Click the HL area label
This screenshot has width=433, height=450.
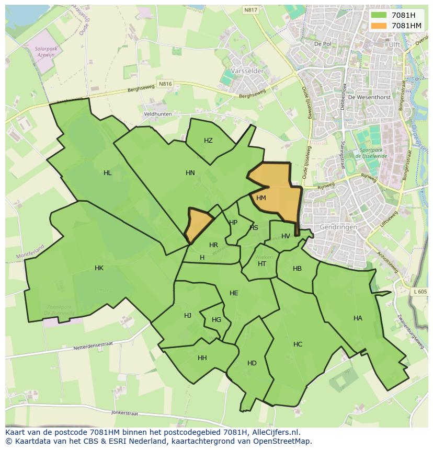108,173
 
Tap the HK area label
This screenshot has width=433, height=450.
99,268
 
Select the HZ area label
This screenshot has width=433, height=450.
208,141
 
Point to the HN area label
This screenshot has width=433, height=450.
190,173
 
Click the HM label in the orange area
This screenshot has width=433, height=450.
261,198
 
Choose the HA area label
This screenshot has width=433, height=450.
358,318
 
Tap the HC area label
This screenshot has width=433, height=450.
298,344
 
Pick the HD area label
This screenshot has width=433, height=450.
252,363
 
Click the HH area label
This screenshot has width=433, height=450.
202,358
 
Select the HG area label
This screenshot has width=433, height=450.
216,320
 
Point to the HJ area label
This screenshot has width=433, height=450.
188,316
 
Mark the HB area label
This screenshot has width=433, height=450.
297,269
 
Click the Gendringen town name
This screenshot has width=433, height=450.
338,228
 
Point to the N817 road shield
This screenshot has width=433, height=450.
251,10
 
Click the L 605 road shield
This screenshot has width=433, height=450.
419,292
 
